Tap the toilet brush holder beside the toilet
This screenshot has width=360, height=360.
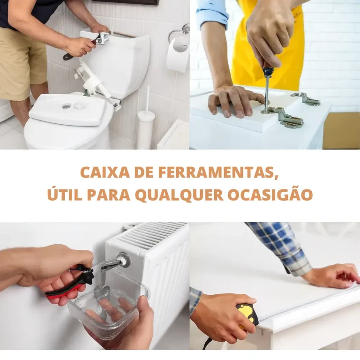pyautogui.click(x=146, y=128)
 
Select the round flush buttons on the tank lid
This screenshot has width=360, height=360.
pyautogui.click(x=73, y=106)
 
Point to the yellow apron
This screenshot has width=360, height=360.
pyautogui.click(x=267, y=44)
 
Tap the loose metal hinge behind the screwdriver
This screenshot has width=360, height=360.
pyautogui.click(x=305, y=99)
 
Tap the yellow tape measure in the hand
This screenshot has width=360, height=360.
pyautogui.click(x=247, y=315)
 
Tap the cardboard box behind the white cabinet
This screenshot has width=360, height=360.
pyautogui.click(x=341, y=130)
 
